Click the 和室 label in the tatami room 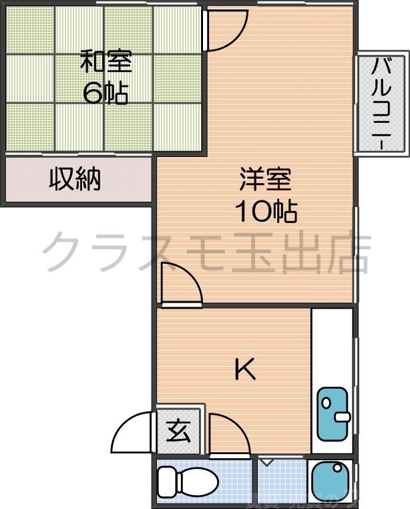106,61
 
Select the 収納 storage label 75,179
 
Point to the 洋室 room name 266,181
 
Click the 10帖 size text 266,212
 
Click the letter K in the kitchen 245,369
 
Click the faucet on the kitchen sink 343,417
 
